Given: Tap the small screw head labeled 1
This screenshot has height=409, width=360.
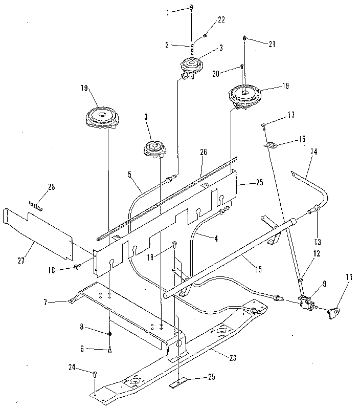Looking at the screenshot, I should tap(191, 7).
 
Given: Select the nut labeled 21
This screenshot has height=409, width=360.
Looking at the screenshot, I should tap(245, 38).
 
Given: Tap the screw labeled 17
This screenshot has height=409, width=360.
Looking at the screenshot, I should tap(263, 125).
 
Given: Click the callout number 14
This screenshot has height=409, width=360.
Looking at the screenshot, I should tap(313, 152).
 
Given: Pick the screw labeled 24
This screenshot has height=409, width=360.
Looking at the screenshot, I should tap(95, 375).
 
